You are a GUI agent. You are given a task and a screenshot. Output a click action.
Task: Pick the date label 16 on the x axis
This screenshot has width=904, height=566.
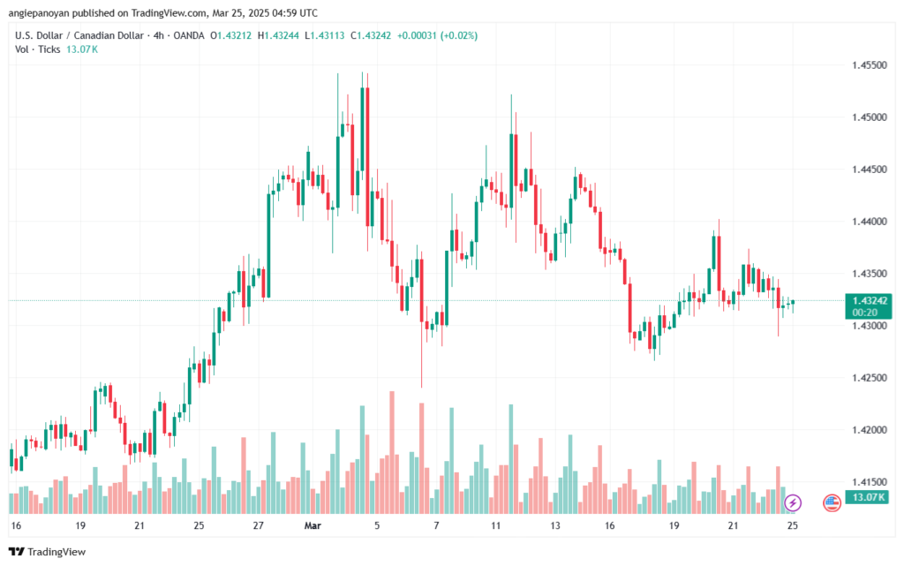coord(15,524)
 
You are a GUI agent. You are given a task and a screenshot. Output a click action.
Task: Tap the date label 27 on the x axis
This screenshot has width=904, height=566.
coord(258,524)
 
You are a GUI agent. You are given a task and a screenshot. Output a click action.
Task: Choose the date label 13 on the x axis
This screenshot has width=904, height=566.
coord(554,524)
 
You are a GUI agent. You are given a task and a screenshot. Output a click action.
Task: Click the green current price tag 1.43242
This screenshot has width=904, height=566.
coord(870,300)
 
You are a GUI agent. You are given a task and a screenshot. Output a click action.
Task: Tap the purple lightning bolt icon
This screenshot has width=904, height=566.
coord(792,502)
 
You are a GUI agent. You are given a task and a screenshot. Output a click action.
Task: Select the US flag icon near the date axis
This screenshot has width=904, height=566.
coord(831,502)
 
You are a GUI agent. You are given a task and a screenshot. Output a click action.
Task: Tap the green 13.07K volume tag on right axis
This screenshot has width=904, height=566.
coord(869,498)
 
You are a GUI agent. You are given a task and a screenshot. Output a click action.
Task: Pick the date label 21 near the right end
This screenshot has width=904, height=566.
coord(733,524)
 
